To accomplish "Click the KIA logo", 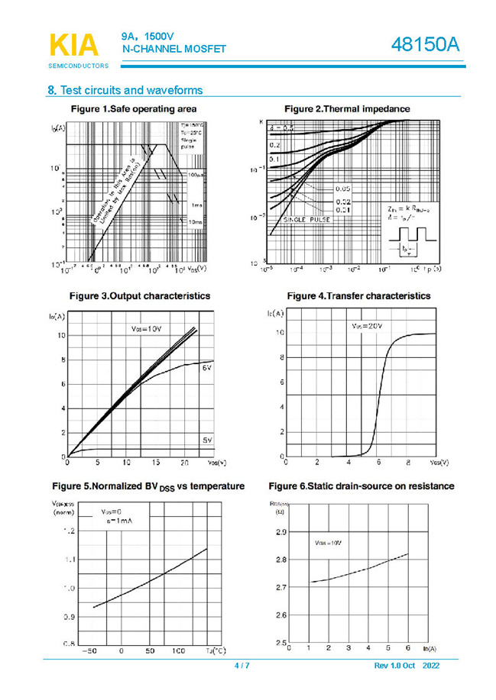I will click(73, 47).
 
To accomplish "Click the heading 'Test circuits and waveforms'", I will click(125, 90).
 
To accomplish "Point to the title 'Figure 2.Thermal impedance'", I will click(346, 109).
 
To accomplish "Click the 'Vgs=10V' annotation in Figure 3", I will click(147, 329).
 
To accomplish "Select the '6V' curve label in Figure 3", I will click(207, 369).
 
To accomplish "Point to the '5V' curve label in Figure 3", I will click(207, 440).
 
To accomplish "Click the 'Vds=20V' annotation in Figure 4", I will click(367, 326).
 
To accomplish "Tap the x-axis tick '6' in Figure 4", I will click(379, 463).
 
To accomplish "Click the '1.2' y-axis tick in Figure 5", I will click(70, 531).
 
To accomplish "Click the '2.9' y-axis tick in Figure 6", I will click(280, 532).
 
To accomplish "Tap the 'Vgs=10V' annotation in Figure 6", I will click(328, 543).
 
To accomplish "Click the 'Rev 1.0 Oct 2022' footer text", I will click(407, 666).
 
